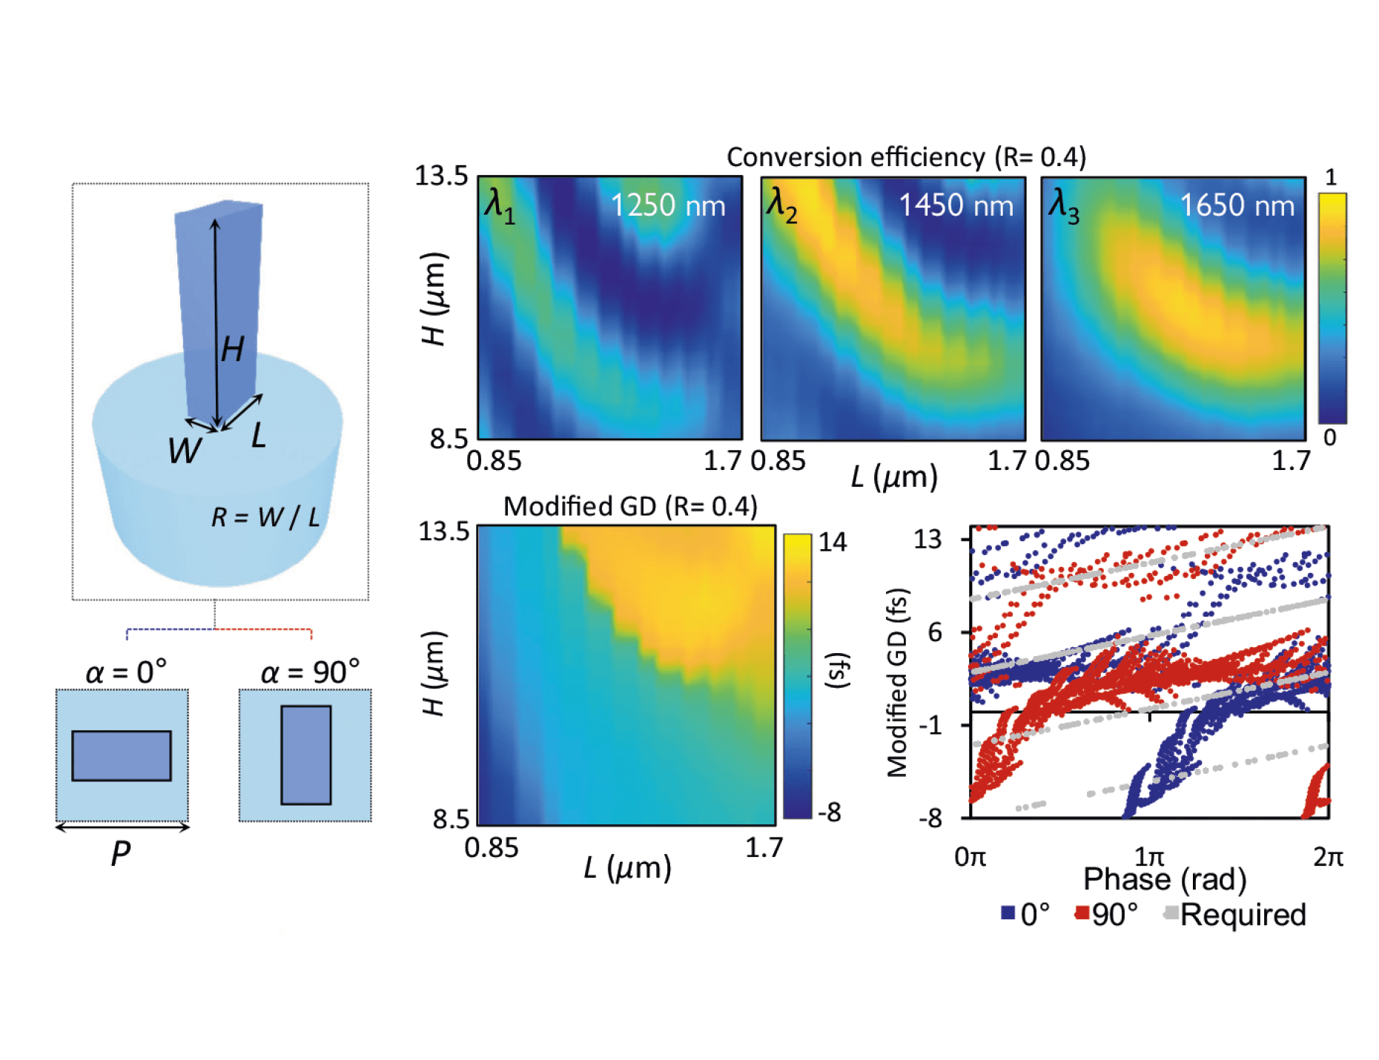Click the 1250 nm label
pos(667,205)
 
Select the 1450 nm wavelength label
pos(956,205)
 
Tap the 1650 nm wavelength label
pos(1237,205)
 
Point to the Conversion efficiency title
pos(906,157)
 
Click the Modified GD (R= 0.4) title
pos(630,506)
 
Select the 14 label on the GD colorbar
pos(833,542)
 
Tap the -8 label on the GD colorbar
pos(830,812)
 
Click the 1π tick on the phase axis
pos(1149,858)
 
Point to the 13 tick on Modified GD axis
pos(927,539)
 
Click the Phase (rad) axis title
pos(1165,880)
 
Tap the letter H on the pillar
pos(233,348)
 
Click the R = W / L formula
pos(265,517)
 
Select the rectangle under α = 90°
pos(305,755)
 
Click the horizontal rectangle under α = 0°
pos(122,755)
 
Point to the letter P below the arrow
pos(121,853)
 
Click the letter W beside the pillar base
pos(184,450)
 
